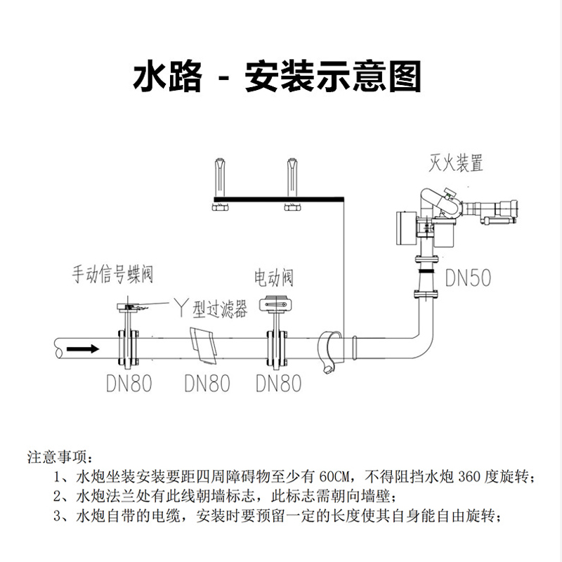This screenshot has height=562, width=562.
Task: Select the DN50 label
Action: pyautogui.click(x=468, y=278)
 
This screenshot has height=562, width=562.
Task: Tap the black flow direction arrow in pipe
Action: pyautogui.click(x=84, y=348)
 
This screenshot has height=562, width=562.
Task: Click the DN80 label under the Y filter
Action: pyautogui.click(x=207, y=384)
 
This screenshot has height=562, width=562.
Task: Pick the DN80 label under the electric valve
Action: pyautogui.click(x=278, y=384)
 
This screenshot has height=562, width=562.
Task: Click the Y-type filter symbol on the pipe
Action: pyautogui.click(x=204, y=346)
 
